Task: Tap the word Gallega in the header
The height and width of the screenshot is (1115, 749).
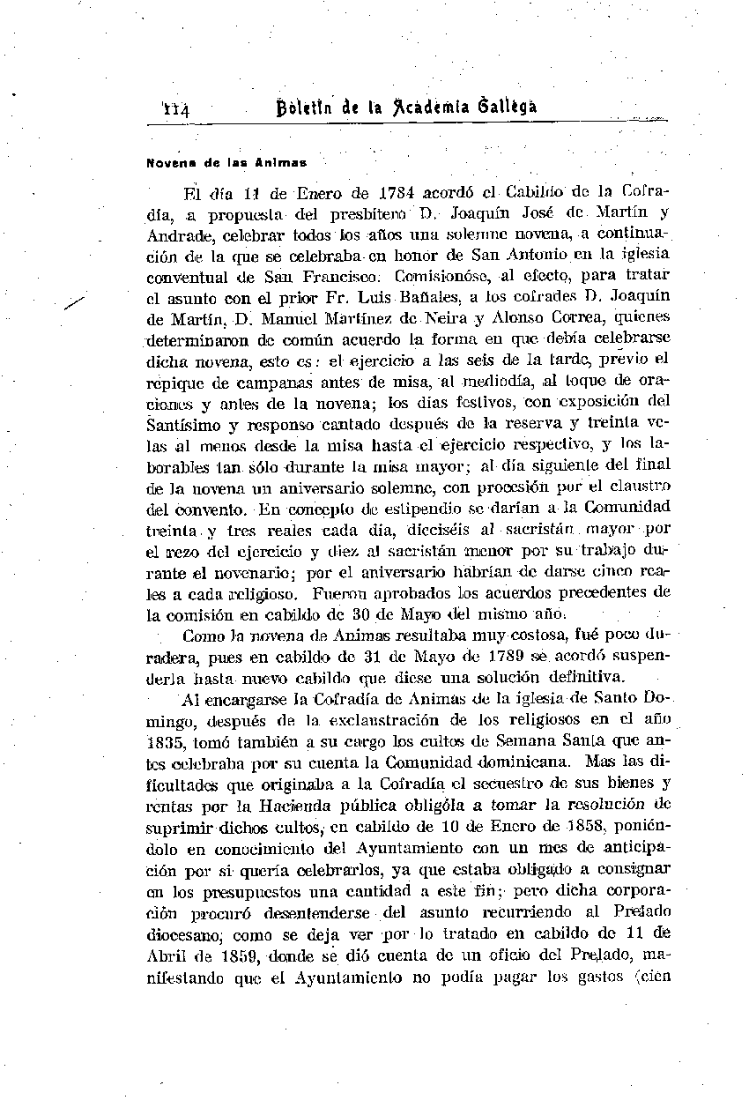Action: click(x=507, y=107)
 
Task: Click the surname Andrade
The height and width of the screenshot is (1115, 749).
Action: click(x=176, y=235)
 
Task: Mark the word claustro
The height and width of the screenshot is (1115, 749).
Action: click(x=641, y=485)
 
